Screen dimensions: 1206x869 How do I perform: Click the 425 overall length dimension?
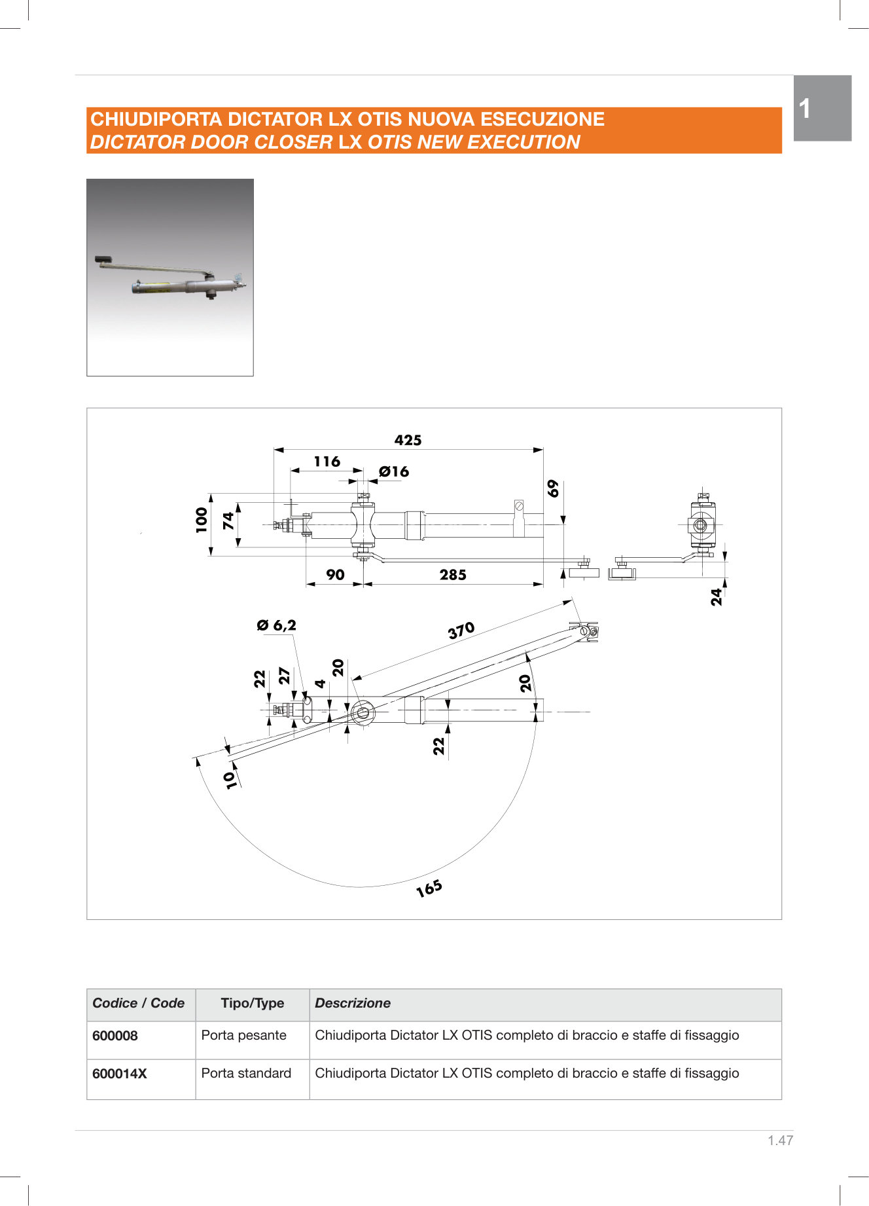(408, 440)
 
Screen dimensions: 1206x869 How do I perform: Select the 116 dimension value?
(327, 462)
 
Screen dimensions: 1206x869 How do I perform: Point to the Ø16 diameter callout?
(394, 471)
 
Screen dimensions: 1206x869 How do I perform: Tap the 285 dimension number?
(453, 575)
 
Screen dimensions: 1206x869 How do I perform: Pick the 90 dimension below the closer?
(335, 575)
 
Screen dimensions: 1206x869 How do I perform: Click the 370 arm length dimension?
(461, 630)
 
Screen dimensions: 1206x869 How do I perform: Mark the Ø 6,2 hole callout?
(277, 625)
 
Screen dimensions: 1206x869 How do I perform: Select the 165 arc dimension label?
(429, 888)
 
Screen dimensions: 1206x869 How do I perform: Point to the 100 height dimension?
(202, 520)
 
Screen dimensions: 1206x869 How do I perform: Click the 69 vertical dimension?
(554, 488)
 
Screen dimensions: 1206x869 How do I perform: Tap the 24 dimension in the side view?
(717, 596)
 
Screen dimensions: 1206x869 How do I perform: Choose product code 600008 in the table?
(115, 1036)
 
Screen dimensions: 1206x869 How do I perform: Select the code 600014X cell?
(120, 1074)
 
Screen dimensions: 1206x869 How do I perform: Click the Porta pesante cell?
(244, 1035)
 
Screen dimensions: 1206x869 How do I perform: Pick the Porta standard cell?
(246, 1073)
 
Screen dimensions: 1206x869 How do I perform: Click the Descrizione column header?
(353, 1003)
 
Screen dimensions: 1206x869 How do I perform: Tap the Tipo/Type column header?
(253, 1003)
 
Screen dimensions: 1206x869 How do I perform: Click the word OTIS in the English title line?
(390, 142)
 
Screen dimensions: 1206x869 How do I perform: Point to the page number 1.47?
(780, 1141)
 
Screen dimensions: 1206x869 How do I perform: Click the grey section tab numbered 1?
(822, 108)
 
